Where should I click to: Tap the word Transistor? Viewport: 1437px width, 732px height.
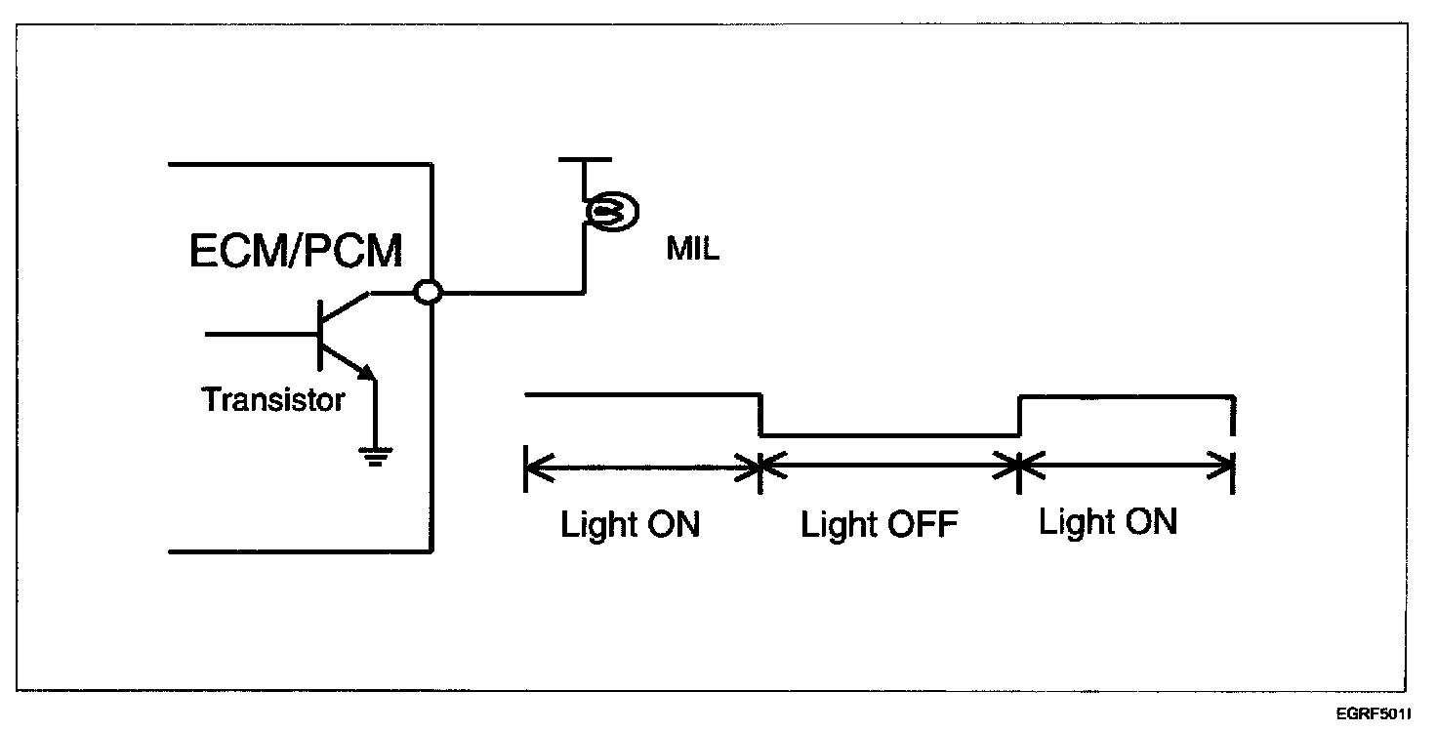pyautogui.click(x=273, y=399)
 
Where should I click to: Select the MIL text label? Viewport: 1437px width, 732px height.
pyautogui.click(x=693, y=250)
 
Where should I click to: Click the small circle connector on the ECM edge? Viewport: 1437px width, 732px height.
pyautogui.click(x=428, y=292)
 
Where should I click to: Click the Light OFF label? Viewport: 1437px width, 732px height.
pyautogui.click(x=880, y=525)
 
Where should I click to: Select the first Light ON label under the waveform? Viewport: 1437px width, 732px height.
pyautogui.click(x=630, y=525)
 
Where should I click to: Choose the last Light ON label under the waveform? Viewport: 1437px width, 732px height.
pyautogui.click(x=1107, y=522)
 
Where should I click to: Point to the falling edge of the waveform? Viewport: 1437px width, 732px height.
pyautogui.click(x=760, y=416)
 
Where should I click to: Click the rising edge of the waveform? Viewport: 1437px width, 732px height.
pyautogui.click(x=1019, y=416)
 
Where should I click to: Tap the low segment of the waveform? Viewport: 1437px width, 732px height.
pyautogui.click(x=889, y=436)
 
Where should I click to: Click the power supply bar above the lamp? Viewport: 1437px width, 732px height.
pyautogui.click(x=584, y=158)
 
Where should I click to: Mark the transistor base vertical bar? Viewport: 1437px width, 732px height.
pyautogui.click(x=320, y=333)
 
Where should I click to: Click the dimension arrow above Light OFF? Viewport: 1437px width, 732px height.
pyautogui.click(x=889, y=468)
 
